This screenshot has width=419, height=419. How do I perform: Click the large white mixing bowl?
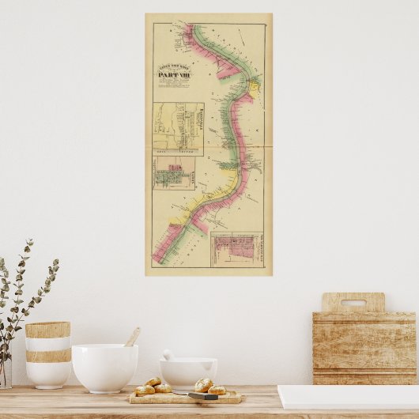tap(104, 368)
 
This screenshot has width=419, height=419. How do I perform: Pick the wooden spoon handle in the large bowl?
tap(133, 337)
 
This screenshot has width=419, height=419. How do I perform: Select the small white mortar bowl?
tap(188, 372)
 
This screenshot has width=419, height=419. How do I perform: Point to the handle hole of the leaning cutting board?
tap(353, 302)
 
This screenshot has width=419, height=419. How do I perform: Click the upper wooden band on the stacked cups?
tap(47, 330)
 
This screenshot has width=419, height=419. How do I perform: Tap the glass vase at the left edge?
tap(5, 372)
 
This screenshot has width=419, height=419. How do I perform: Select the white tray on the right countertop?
tap(348, 397)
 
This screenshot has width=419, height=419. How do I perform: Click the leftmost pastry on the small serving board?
tap(144, 390)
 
